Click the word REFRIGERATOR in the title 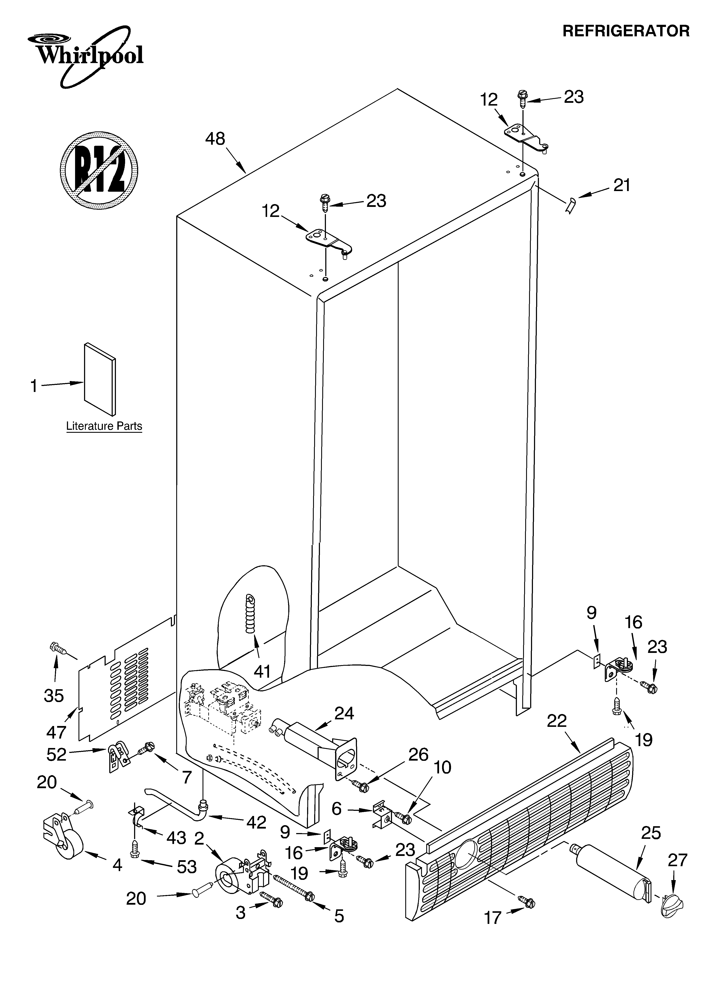click(x=626, y=31)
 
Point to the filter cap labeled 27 click(x=672, y=907)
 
